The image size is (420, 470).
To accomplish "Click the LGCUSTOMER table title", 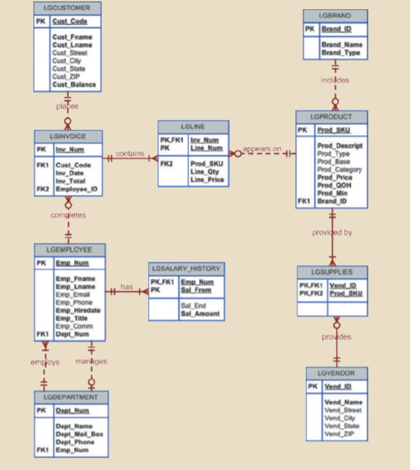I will point(68,8).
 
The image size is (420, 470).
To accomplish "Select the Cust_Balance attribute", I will point(74,85).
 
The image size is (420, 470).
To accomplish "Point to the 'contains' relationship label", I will point(130,154).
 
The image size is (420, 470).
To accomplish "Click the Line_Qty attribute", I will point(204,171).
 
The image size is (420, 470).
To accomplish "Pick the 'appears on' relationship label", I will point(262,149).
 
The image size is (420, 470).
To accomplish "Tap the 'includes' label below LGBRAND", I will point(335,80).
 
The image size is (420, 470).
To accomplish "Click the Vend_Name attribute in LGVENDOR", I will point(343,402).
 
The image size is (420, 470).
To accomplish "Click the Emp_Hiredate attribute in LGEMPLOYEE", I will point(78,310).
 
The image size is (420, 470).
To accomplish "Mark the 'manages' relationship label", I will point(91,361).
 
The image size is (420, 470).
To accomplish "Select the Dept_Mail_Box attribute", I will point(79,434).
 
